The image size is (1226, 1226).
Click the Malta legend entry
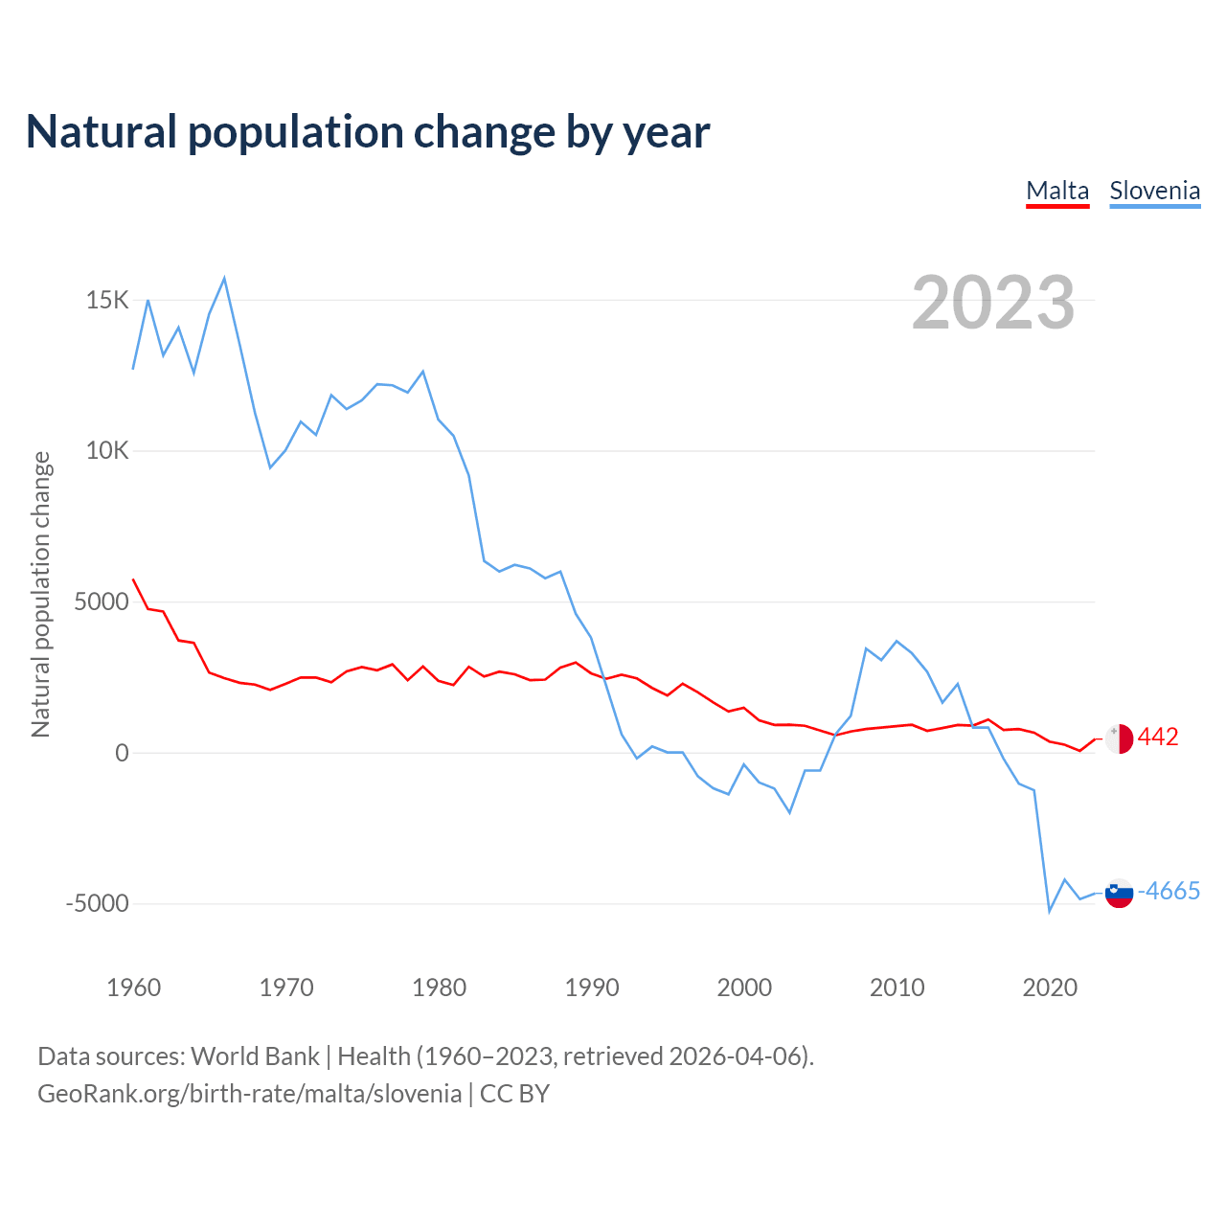coord(1057,191)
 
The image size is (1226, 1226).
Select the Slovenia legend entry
coord(1154,191)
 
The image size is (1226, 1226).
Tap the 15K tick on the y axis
coord(107,301)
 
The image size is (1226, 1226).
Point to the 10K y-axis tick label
coord(107,451)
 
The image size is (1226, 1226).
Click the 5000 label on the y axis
coord(102,602)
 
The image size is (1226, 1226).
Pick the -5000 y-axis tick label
coord(97,904)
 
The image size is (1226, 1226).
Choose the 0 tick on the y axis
coord(122,754)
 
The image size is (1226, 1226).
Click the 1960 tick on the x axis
coord(133,988)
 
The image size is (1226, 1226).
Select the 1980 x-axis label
coord(439,988)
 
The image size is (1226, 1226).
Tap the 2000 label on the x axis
coord(744,988)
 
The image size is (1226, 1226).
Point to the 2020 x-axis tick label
coord(1050,988)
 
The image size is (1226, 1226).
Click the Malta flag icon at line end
coord(1119,738)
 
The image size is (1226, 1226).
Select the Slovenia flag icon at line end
coord(1119,893)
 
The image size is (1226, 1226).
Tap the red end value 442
coord(1158,738)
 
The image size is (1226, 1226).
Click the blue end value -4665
coord(1169,892)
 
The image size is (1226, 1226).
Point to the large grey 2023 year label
coord(993,303)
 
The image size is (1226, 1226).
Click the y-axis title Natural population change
coord(41,595)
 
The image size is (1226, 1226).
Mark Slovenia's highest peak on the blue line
coord(224,279)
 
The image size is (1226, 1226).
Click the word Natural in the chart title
coord(102,132)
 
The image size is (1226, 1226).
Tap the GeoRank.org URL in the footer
coord(249,1094)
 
